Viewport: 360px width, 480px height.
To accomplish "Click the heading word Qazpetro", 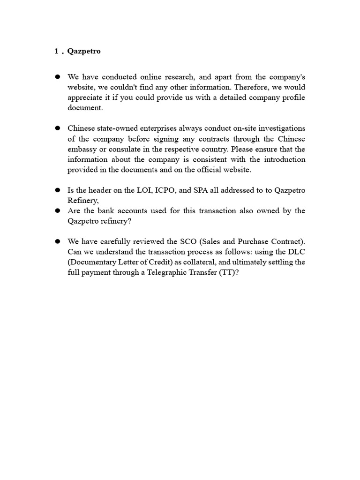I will [84, 52].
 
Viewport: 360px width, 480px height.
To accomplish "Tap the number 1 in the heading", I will [56, 52].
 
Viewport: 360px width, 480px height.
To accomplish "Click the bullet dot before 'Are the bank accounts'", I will [58, 211].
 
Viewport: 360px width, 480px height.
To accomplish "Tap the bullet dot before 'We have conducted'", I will [58, 77].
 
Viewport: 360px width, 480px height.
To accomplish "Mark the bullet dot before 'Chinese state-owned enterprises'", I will [58, 128].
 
